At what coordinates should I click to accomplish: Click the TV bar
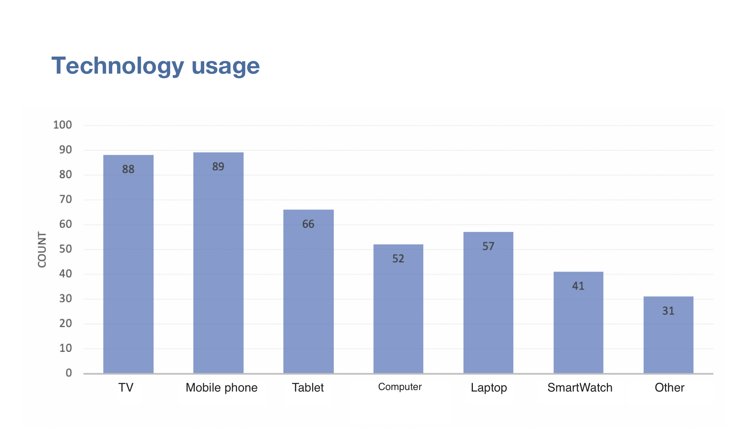click(128, 264)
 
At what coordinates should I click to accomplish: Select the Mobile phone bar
click(218, 264)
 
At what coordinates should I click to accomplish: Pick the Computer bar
click(398, 310)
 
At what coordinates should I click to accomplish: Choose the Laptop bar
click(488, 302)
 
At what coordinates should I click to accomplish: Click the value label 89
click(218, 167)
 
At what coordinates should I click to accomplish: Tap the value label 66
click(308, 224)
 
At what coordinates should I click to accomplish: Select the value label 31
click(668, 311)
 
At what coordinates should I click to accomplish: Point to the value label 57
click(488, 246)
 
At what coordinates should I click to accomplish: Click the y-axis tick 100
click(62, 125)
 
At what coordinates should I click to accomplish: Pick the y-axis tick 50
click(65, 249)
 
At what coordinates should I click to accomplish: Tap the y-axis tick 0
click(69, 373)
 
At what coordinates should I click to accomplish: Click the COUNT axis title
click(42, 250)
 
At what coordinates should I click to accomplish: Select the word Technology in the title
click(117, 66)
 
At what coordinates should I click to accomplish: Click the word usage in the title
click(226, 66)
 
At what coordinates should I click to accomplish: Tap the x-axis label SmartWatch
click(580, 388)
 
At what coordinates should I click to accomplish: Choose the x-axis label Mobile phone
click(222, 388)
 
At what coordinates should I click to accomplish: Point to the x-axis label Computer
click(400, 387)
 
